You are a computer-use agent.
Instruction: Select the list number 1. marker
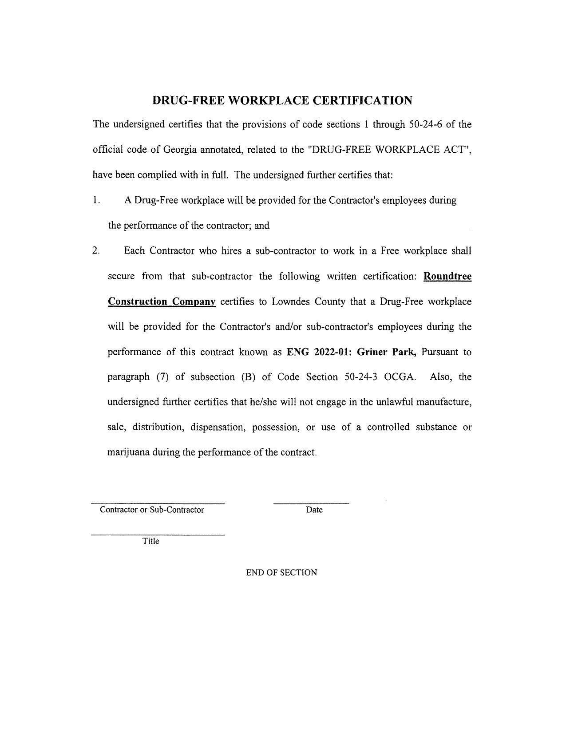96,200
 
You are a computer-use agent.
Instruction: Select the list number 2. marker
96,251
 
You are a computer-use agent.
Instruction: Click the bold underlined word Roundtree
447,276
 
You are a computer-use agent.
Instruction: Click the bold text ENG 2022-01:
319,352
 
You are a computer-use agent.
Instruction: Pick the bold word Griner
372,352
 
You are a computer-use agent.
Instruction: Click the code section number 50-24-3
361,377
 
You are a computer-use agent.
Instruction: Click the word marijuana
128,452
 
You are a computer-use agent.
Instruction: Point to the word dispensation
218,427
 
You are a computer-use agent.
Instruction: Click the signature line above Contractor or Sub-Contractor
158,503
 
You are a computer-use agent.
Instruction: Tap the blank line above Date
311,503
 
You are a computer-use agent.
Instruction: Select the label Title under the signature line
150,541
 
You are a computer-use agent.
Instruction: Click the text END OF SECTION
281,573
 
